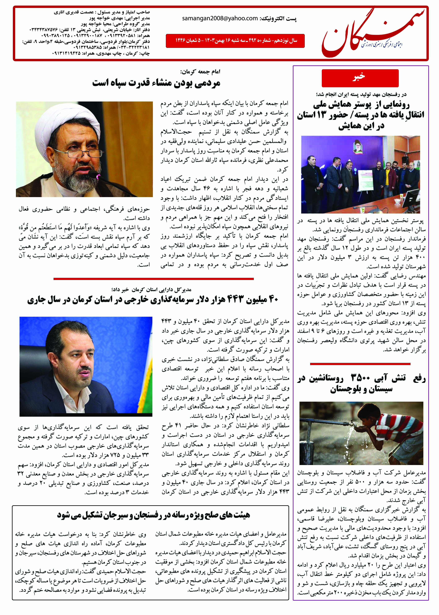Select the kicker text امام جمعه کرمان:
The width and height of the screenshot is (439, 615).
pos(200,72)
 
